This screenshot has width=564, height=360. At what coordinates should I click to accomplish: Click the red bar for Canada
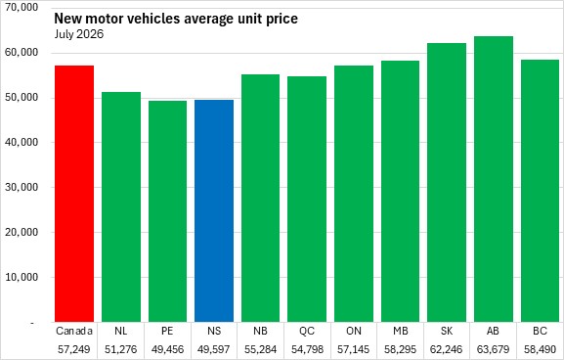[74, 194]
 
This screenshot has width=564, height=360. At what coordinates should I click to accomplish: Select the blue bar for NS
[214, 210]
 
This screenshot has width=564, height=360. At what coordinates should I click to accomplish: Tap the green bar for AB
[494, 179]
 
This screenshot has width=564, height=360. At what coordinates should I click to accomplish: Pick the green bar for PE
[167, 211]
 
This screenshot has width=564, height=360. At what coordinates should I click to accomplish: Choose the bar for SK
[447, 183]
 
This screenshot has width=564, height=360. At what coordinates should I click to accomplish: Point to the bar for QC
[307, 200]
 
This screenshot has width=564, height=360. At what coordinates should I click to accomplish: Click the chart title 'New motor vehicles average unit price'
[176, 18]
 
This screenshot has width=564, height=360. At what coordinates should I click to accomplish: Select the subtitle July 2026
[79, 34]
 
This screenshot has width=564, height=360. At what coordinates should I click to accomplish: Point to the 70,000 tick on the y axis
[22, 7]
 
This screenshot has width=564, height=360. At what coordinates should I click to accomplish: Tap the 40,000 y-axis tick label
[22, 142]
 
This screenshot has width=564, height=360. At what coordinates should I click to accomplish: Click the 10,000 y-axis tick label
[22, 277]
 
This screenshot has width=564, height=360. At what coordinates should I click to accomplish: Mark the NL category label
[121, 331]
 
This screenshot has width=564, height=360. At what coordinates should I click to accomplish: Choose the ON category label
[354, 331]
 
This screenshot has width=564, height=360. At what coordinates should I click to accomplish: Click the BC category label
[540, 331]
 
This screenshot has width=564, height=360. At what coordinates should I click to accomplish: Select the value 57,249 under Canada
[74, 349]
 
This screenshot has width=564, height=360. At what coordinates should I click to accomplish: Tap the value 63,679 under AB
[494, 349]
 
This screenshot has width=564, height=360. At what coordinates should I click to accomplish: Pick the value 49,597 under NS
[214, 349]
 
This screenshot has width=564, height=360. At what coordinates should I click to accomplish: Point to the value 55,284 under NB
[260, 349]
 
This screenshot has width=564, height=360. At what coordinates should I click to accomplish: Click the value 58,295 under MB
[401, 349]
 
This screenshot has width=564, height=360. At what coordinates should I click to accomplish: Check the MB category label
[401, 331]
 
